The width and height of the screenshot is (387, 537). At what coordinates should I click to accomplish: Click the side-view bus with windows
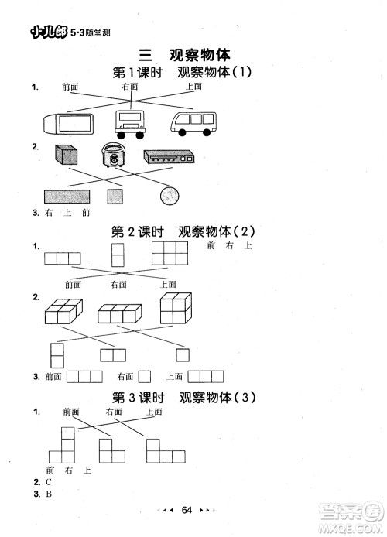pos(193,123)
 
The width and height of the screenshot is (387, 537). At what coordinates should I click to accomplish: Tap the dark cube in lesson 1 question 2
pos(65,156)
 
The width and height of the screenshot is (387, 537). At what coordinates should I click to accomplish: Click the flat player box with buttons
pos(171,157)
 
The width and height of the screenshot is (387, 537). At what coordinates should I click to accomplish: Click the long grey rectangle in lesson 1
pos(67,197)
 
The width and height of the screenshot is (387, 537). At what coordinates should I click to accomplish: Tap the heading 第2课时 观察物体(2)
pos(183,231)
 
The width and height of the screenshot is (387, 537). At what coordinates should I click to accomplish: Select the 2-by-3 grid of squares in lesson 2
pos(170,254)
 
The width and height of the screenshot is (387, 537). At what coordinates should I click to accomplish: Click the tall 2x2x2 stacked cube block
pos(176,309)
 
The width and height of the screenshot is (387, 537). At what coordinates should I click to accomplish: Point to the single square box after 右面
pos(144,377)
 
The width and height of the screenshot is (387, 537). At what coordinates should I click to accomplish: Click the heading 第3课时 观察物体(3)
pos(183,398)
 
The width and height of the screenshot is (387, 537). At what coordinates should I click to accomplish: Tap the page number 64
pos(187,509)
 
